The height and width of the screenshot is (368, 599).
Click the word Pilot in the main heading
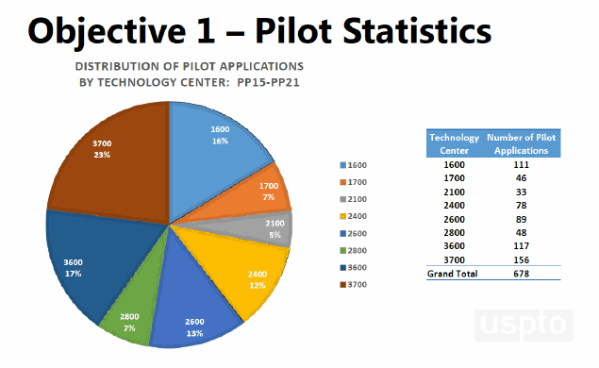pyautogui.click(x=301, y=31)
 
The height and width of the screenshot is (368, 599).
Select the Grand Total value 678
pyautogui.click(x=521, y=274)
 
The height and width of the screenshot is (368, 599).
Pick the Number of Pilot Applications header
pyautogui.click(x=521, y=143)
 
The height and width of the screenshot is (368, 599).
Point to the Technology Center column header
pyautogui.click(x=454, y=143)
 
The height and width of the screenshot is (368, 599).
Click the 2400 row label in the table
pyautogui.click(x=454, y=204)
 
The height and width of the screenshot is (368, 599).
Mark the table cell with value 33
pyautogui.click(x=521, y=191)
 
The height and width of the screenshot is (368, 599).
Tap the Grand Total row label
pyautogui.click(x=453, y=274)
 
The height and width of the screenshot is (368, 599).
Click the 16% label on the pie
pyautogui.click(x=219, y=141)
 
